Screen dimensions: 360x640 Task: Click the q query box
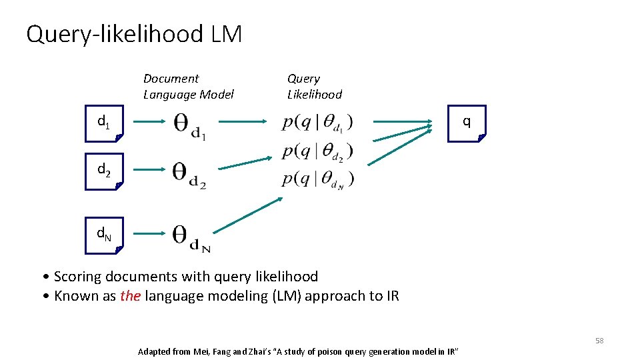coord(466,123)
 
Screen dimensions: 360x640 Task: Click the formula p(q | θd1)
coord(317,123)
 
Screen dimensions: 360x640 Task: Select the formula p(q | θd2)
coord(317,152)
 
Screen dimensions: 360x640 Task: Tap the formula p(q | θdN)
coord(317,179)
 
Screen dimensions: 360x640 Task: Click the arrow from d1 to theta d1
coord(149,122)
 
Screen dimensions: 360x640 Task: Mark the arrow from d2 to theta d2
coord(149,171)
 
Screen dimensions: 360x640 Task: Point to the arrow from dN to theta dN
coord(149,234)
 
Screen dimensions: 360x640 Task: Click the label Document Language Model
coord(189,87)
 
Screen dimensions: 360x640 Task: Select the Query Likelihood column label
coord(314,87)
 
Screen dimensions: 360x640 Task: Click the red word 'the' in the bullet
coord(130,296)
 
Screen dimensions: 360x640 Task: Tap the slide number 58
coord(599,341)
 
